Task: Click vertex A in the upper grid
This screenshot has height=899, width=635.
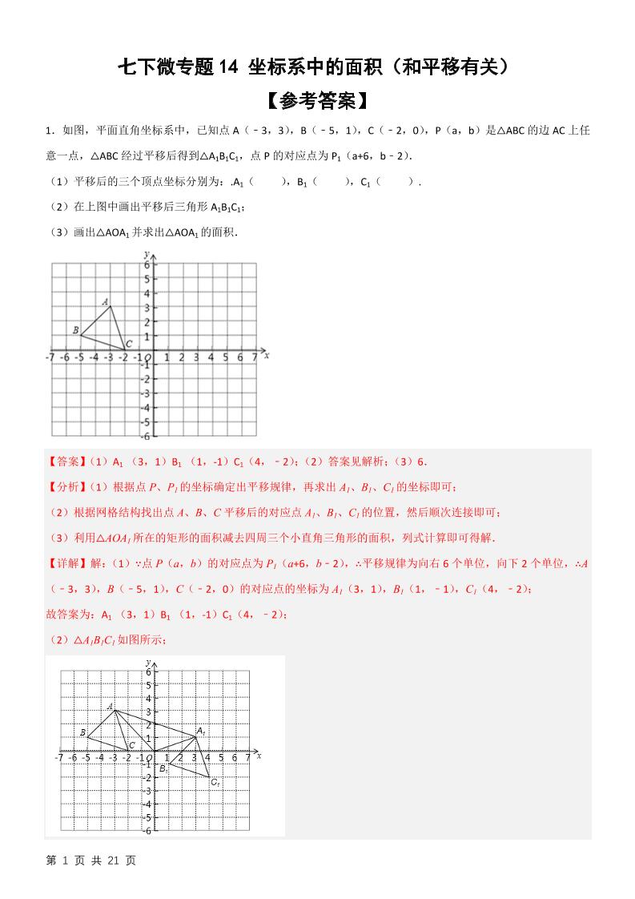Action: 110,306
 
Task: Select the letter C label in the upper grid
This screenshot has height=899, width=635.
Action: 129,343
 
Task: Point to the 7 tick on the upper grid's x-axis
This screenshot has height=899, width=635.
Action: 255,358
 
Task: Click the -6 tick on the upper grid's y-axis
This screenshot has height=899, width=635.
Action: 145,436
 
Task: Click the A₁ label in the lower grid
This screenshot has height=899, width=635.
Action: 201,731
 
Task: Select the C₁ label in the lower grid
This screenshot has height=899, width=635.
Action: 215,782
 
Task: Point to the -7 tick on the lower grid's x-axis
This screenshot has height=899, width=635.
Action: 58,757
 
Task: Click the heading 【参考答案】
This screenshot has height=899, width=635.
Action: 317,101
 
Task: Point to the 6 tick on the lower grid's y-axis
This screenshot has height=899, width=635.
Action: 147,671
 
